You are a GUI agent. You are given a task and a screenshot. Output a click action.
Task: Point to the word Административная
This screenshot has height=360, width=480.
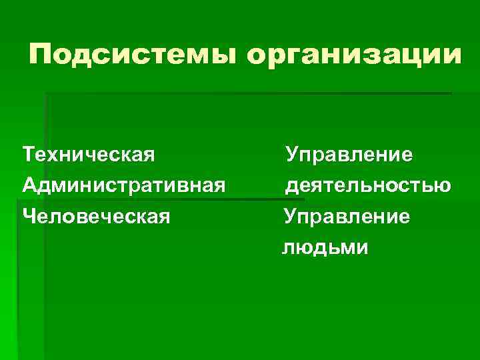pos(123,186)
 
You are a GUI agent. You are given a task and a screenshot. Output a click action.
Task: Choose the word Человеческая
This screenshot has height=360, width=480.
pos(96,217)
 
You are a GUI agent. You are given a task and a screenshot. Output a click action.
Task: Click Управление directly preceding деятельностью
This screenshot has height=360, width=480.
pos(349,155)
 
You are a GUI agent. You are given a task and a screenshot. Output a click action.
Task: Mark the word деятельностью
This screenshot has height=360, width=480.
pos(367,186)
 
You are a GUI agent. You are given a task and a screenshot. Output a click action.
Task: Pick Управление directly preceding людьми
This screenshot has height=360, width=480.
pos(347,217)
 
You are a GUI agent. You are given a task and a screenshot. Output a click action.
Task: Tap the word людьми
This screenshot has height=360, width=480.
pos(324,249)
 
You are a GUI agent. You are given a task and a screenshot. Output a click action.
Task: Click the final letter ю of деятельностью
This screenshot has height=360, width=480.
pos(441,186)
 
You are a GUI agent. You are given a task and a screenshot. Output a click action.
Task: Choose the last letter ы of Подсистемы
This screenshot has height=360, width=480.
pos(222,55)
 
